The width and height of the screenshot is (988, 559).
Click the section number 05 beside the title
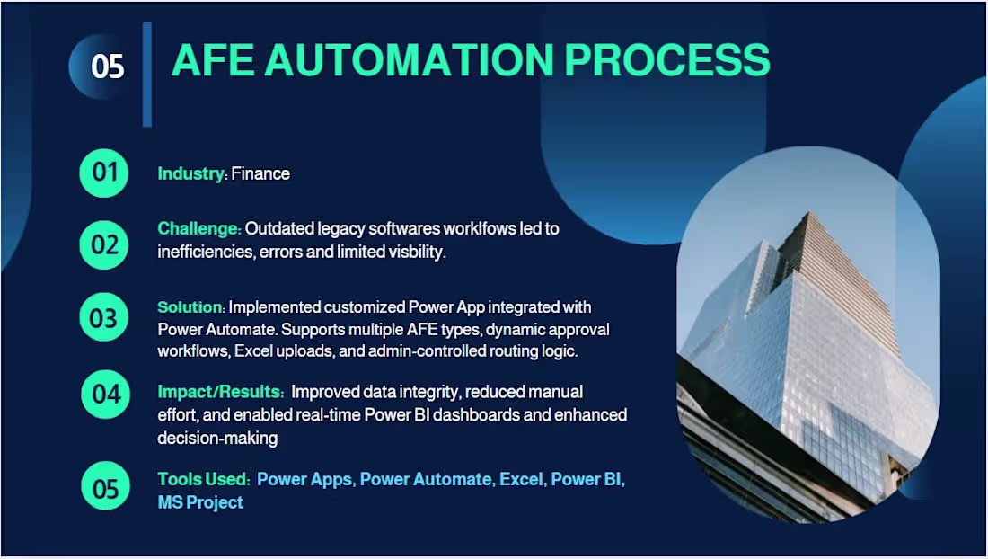pos(107,67)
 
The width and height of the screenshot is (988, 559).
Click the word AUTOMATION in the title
pos(407,60)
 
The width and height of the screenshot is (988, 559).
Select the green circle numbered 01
pos(104,172)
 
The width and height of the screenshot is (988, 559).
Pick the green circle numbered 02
pos(104,244)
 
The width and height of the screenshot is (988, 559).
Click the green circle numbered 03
pos(104,317)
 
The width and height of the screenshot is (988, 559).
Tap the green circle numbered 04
pos(105,394)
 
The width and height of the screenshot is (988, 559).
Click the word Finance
pos(260,173)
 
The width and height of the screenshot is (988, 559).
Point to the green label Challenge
pos(198,228)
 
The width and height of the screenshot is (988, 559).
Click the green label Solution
pos(190,307)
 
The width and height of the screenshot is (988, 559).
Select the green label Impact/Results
pos(221,392)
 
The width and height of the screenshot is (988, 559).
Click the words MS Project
pos(200,502)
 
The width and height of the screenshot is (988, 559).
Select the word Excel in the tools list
pos(521,479)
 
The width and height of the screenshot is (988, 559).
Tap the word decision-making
pos(217,439)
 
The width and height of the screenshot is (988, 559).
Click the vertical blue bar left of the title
pos(147,75)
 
